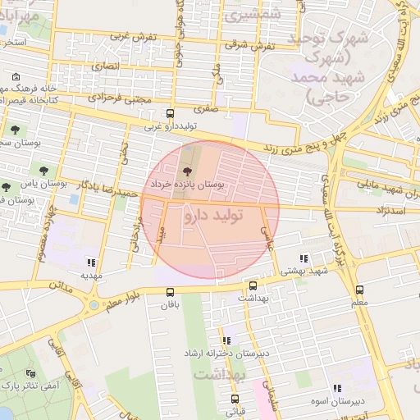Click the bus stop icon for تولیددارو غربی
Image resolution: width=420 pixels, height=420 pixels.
coord(170,114)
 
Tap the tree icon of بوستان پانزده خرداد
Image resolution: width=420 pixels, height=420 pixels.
coord(188,171)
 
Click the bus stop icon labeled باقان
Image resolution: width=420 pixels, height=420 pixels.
coord(170,292)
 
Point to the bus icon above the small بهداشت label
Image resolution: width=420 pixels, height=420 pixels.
coord(252,286)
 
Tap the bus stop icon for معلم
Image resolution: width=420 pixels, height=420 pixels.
coord(359,290)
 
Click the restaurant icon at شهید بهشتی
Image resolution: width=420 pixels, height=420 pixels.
coord(305,258)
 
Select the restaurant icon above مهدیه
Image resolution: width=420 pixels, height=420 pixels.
coord(90,263)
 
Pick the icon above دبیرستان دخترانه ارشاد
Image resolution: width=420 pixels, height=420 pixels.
coord(226,340)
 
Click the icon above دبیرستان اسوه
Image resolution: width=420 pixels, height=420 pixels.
coord(336,388)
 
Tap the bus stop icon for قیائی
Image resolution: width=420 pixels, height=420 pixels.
coord(235,399)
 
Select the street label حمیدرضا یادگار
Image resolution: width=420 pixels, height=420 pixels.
coord(107,187)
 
